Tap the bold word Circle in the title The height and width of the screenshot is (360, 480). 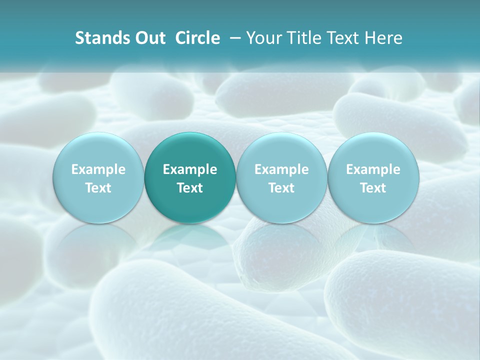(197, 38)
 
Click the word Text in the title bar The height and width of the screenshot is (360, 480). (344, 38)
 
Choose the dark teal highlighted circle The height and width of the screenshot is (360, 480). (190, 178)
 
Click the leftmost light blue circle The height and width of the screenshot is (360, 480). (98, 178)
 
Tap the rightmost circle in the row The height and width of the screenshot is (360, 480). (373, 178)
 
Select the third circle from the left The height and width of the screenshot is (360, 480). (281, 178)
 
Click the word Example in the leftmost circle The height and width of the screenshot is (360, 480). (98, 169)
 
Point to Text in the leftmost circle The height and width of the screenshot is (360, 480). (98, 188)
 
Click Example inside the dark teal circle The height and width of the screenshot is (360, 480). (190, 169)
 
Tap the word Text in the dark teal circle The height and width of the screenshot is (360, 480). (190, 188)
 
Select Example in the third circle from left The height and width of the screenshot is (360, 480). (281, 169)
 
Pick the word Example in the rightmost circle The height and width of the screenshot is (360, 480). (373, 169)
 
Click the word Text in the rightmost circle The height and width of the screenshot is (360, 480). (373, 188)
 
